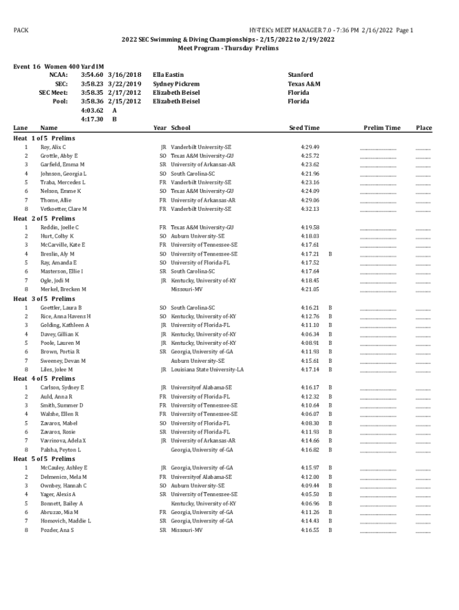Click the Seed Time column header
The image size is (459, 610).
click(x=304, y=128)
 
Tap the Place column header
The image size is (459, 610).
click(x=424, y=128)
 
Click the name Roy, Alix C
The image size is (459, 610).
click(x=53, y=147)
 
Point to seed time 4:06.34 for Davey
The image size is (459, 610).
click(x=310, y=334)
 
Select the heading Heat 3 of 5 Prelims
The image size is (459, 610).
click(x=44, y=298)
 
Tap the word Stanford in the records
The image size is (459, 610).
click(x=300, y=75)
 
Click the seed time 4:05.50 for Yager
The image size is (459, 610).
click(x=310, y=494)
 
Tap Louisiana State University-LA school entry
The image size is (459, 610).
click(x=207, y=369)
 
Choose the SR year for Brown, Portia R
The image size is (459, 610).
click(x=162, y=352)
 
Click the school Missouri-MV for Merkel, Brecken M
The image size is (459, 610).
click(x=187, y=289)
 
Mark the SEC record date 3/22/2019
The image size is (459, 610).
click(x=125, y=84)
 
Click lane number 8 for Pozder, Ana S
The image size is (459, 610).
click(x=26, y=530)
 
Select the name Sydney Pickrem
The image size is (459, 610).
click(x=176, y=84)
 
